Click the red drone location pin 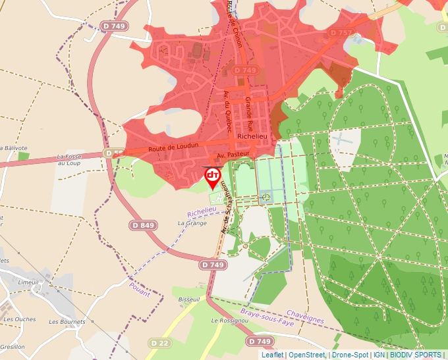click(x=213, y=176)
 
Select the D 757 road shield click(x=341, y=32)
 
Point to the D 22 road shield click(x=159, y=343)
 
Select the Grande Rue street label click(x=249, y=114)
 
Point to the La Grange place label click(x=192, y=223)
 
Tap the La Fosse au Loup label click(x=69, y=159)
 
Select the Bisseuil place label click(x=189, y=299)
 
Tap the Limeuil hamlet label click(x=29, y=282)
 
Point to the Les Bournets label click(x=67, y=322)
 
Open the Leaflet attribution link click(x=273, y=355)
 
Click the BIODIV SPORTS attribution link click(x=415, y=355)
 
